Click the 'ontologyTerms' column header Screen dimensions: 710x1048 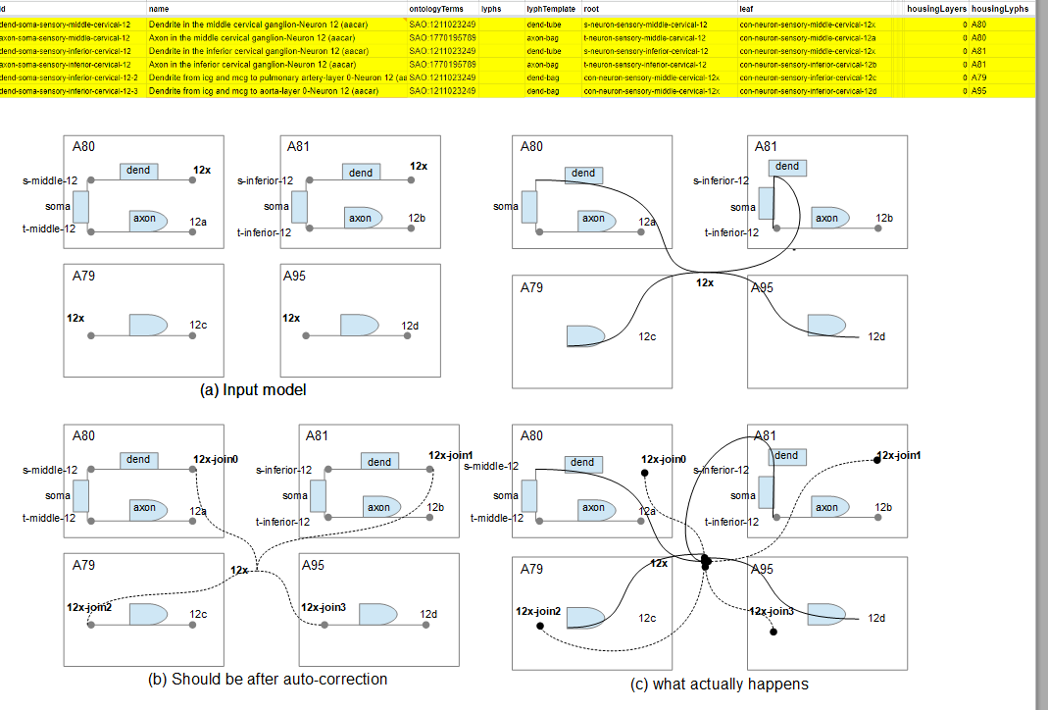tap(435, 8)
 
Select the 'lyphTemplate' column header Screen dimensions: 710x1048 tap(548, 8)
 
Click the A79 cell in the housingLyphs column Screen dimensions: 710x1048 tap(980, 76)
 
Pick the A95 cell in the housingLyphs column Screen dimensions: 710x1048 tap(980, 91)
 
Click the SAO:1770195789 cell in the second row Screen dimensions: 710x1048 tap(443, 36)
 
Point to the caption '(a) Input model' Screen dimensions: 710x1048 tap(253, 389)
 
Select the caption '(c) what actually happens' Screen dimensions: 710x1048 tap(719, 684)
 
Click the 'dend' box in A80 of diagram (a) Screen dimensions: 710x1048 tap(139, 171)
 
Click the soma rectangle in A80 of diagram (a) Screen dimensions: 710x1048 tap(81, 206)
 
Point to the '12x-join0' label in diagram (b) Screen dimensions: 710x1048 tap(216, 458)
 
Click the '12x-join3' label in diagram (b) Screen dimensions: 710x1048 tap(324, 607)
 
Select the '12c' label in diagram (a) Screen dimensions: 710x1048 tap(198, 325)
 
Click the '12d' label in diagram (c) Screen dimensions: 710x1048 tap(876, 618)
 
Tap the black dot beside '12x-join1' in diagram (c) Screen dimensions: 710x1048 tap(877, 460)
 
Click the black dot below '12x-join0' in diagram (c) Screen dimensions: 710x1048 tap(645, 474)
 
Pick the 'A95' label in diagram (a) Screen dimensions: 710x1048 tap(294, 276)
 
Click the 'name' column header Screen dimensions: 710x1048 tap(159, 8)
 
